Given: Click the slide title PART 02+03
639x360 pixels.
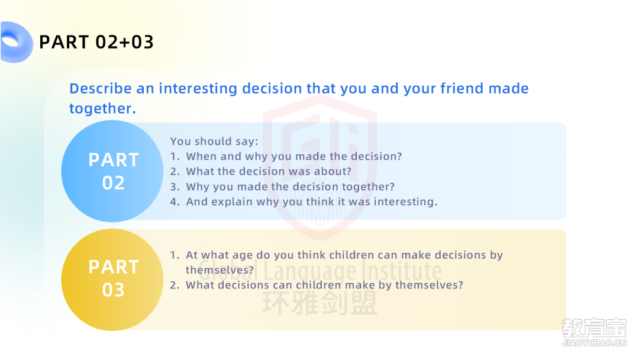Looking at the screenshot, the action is [x=96, y=42].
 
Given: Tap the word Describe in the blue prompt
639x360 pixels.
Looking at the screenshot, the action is [x=101, y=88].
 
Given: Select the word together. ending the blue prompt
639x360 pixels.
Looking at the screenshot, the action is [x=103, y=108].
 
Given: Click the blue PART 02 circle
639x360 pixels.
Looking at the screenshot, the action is [x=112, y=171].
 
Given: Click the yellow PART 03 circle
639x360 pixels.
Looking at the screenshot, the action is [x=112, y=279].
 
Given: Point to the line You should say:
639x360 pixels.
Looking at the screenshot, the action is [x=214, y=142].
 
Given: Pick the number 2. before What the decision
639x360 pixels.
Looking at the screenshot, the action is [x=175, y=171].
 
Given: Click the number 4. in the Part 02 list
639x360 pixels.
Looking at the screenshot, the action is [x=175, y=202].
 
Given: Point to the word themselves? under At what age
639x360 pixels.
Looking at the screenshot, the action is [x=220, y=270].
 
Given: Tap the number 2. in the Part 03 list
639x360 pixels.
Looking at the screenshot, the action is [x=175, y=285].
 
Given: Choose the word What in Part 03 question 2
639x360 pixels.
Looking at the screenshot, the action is [x=200, y=285].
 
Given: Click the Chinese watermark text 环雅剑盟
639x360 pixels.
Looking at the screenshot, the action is [x=319, y=303].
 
